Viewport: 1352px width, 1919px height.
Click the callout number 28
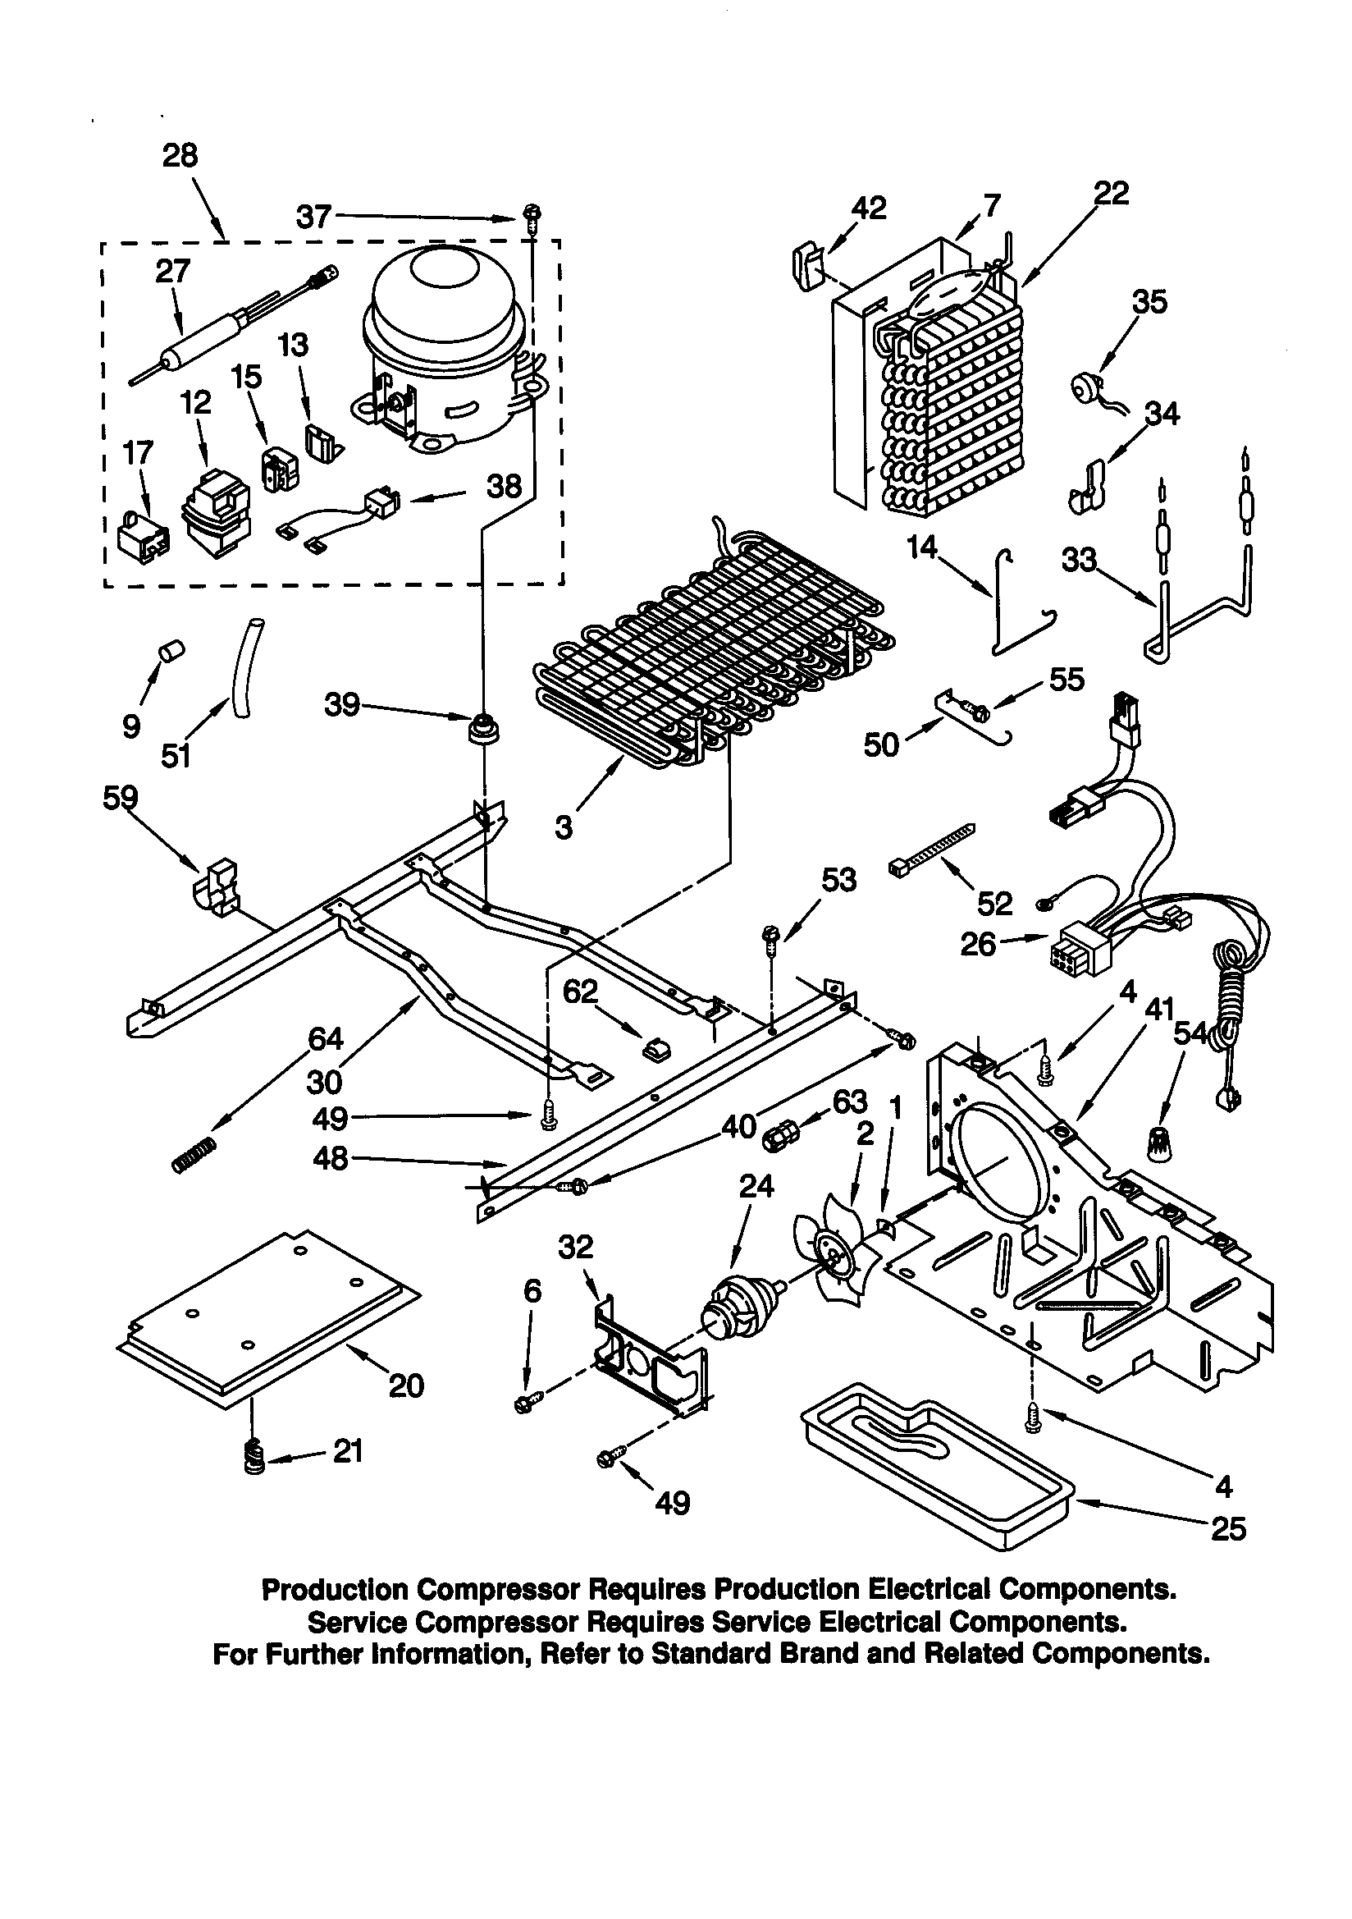coord(180,155)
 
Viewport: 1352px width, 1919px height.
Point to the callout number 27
coord(173,271)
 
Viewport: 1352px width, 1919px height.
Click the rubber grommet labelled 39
coord(482,727)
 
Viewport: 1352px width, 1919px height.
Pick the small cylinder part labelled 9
coord(171,650)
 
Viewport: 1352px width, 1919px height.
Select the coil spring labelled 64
coord(194,1156)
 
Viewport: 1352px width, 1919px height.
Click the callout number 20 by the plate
coord(406,1385)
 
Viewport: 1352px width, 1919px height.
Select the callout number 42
coord(868,208)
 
